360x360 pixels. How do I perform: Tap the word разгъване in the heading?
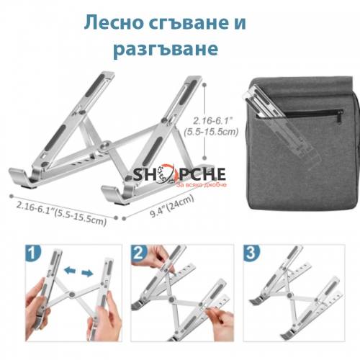[166, 49]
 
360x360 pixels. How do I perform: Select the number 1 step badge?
[33, 253]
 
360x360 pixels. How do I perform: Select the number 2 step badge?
[138, 253]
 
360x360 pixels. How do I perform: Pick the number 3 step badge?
[251, 253]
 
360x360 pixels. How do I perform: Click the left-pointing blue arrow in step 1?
[70, 271]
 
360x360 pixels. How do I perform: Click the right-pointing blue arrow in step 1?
[87, 273]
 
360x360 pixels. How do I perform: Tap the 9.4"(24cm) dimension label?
[172, 207]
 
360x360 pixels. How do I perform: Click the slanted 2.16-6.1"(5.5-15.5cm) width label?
[61, 213]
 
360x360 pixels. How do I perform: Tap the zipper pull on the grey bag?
[340, 117]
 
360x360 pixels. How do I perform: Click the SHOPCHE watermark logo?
[179, 174]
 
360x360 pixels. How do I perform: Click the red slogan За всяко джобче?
[201, 185]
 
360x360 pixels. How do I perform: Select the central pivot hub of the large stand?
[105, 146]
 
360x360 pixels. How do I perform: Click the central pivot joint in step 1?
[71, 294]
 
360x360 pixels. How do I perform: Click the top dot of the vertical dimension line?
[204, 85]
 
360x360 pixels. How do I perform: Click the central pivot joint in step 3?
[289, 295]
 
